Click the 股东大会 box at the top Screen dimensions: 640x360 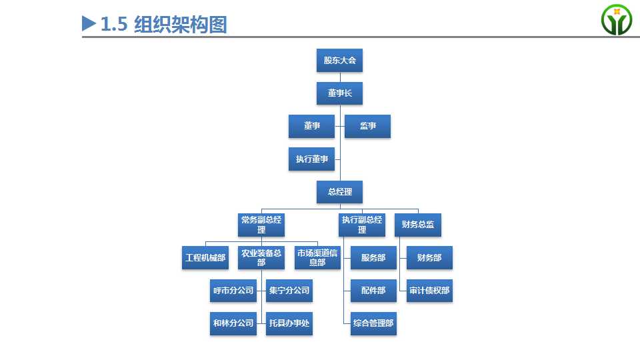coord(339,61)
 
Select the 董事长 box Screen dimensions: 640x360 coord(339,93)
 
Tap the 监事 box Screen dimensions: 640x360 coord(367,126)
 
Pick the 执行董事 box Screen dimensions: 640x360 coord(311,159)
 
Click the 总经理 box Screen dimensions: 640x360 coord(339,192)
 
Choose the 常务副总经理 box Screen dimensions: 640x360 coord(261,225)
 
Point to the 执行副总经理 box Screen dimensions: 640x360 coord(362,225)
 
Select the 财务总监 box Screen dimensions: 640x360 coord(418,225)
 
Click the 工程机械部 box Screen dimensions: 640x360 coord(205,257)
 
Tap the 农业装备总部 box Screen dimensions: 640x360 coord(261,257)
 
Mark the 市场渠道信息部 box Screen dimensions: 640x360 coord(317,257)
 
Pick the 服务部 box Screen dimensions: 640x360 coord(373,257)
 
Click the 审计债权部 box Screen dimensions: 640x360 coord(429,291)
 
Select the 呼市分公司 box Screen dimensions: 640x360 coord(233,291)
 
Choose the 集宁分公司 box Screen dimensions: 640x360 coord(289,291)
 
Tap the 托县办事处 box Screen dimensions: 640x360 coord(289,324)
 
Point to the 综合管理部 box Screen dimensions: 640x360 coord(373,324)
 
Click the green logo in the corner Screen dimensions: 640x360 coord(616,19)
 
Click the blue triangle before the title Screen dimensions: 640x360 coord(89,23)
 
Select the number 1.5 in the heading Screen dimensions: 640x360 coord(114,24)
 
